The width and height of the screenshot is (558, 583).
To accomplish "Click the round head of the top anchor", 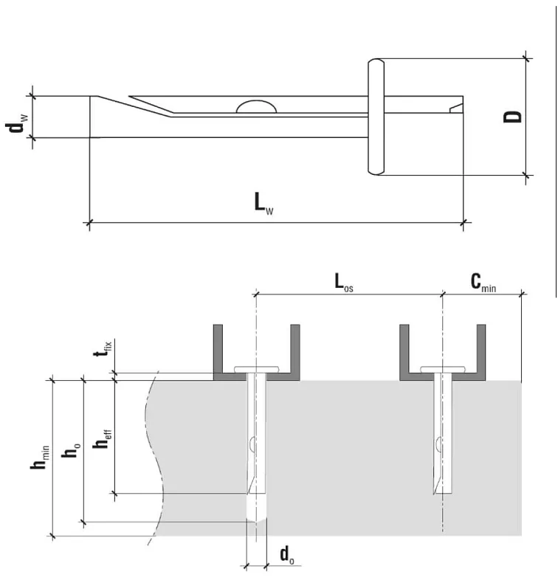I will coord(376,117).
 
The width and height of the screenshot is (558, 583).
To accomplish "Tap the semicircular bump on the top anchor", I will coord(256,106).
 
